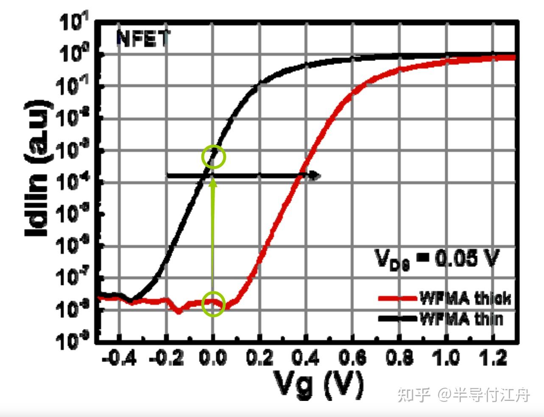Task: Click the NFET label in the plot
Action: (x=142, y=39)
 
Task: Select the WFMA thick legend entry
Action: (x=465, y=298)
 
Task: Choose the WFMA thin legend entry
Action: (x=461, y=318)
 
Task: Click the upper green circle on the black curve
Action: (x=213, y=157)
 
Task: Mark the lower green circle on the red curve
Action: (x=213, y=304)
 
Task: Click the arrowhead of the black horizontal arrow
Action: (x=315, y=175)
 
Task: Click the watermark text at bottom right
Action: (x=463, y=395)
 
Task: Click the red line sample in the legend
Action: (x=397, y=299)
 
